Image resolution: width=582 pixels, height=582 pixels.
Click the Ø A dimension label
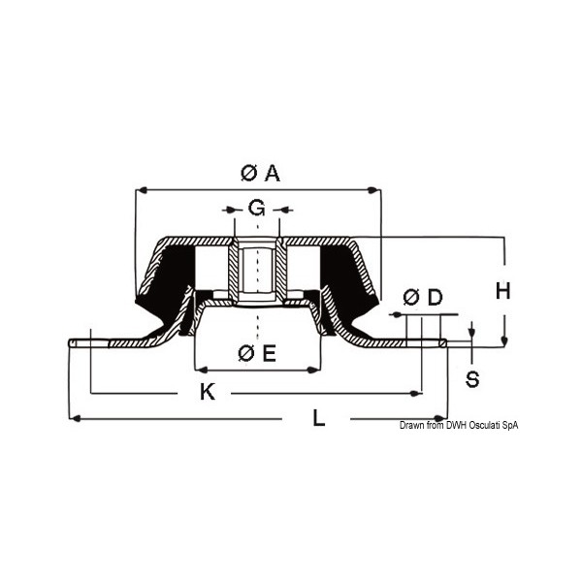(x=259, y=173)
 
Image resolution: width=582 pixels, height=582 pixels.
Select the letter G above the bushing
(x=256, y=208)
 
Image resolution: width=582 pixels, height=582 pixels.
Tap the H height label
(x=502, y=290)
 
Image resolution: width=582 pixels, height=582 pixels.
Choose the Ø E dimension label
(x=257, y=354)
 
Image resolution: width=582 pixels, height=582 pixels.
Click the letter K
(x=207, y=392)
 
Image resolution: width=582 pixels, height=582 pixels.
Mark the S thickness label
(x=472, y=378)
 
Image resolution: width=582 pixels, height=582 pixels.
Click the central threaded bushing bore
(x=257, y=272)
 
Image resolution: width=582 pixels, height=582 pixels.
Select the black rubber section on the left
(x=165, y=281)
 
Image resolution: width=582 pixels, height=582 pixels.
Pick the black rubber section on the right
(x=347, y=281)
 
